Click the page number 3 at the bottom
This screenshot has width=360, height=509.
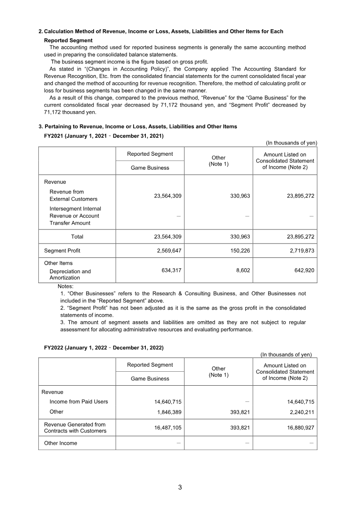click(180, 487)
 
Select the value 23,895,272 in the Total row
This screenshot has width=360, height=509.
click(297, 236)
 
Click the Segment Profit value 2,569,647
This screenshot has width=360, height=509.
click(165, 250)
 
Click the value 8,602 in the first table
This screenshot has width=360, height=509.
click(242, 270)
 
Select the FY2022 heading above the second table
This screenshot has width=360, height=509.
click(103, 347)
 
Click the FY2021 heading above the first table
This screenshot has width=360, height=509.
click(103, 135)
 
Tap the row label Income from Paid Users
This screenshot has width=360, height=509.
click(79, 401)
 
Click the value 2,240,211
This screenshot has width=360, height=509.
click(299, 412)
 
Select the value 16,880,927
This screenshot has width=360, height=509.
click(297, 428)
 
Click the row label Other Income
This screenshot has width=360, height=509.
click(60, 443)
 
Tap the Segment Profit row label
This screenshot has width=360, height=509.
click(62, 250)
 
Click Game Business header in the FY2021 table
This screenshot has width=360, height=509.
click(150, 167)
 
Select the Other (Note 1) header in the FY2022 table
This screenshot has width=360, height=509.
click(218, 372)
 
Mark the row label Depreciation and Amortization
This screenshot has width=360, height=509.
click(70, 275)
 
